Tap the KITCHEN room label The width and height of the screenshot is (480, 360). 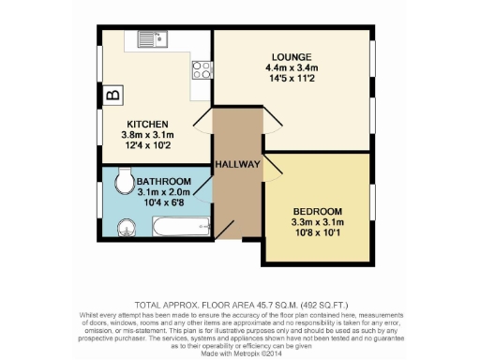pyautogui.click(x=148, y=124)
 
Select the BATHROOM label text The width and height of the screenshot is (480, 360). pyautogui.click(x=163, y=181)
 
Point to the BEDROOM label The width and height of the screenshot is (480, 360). pyautogui.click(x=317, y=211)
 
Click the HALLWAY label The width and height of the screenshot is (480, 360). pyautogui.click(x=238, y=164)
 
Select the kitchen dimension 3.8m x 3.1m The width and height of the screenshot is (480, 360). pyautogui.click(x=148, y=135)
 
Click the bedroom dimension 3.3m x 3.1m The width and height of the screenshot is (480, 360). pyautogui.click(x=317, y=222)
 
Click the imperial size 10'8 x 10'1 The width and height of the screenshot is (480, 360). pyautogui.click(x=317, y=233)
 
